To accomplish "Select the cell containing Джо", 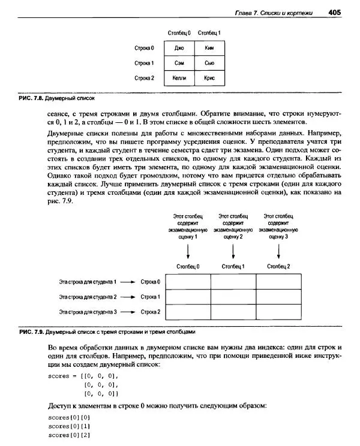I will coord(179,47).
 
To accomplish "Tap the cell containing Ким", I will coord(209,47).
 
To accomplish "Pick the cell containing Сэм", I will coord(179,62).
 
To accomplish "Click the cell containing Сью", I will coord(209,62).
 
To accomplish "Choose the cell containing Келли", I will coord(179,78).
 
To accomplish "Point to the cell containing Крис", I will coord(209,78).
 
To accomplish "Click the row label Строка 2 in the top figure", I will coord(144,78).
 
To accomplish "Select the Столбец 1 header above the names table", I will coord(209,32).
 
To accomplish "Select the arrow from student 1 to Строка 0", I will coord(128,282).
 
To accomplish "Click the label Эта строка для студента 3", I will coord(88,312).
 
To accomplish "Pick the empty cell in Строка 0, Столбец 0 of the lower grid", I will coord(188,282).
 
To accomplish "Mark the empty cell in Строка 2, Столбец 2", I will coord(278,312).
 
